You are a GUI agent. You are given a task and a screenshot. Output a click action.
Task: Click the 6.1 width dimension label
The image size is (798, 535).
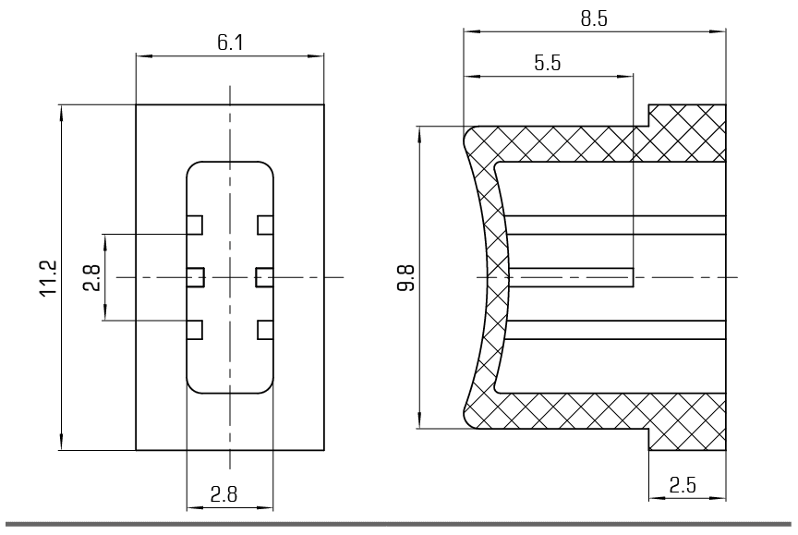coord(230,43)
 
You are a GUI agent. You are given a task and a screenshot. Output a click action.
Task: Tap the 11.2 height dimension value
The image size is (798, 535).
coord(49,278)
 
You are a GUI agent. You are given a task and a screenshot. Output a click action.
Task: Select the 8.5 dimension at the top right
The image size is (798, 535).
coord(594,18)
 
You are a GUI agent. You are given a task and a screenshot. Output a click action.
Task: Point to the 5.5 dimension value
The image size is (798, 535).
coord(547,63)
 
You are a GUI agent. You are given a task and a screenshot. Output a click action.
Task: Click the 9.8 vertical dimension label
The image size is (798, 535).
coord(405,277)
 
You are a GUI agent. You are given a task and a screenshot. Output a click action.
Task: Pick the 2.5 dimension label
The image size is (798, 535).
coord(682,486)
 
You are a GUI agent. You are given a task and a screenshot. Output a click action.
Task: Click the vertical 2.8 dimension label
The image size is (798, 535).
coord(92,277)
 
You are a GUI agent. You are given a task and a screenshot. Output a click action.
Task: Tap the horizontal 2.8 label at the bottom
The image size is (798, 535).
coord(224,494)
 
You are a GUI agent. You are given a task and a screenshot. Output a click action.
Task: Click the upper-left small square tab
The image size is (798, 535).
coord(194,225)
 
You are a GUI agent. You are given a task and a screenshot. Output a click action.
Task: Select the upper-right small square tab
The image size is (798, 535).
coord(265,225)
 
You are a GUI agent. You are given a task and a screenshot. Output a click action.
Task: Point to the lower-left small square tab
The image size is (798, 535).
coord(194,330)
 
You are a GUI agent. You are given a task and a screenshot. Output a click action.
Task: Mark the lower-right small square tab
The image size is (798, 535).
coord(265,330)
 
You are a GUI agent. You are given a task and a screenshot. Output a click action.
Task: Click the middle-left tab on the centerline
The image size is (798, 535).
coord(196,277)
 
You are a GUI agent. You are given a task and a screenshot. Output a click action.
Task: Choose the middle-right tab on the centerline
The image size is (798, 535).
coord(264,277)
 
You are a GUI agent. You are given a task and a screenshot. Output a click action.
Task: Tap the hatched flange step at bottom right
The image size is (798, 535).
coord(687,440)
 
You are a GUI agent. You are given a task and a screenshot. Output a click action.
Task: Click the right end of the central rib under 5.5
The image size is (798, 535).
coord(633,277)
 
